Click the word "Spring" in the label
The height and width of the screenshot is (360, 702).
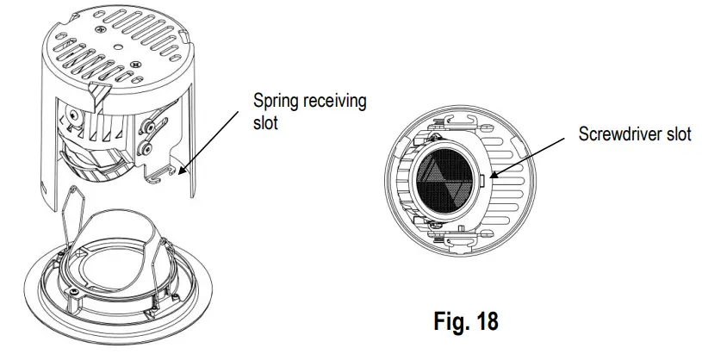275,101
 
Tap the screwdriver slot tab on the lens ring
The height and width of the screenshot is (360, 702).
483,182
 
